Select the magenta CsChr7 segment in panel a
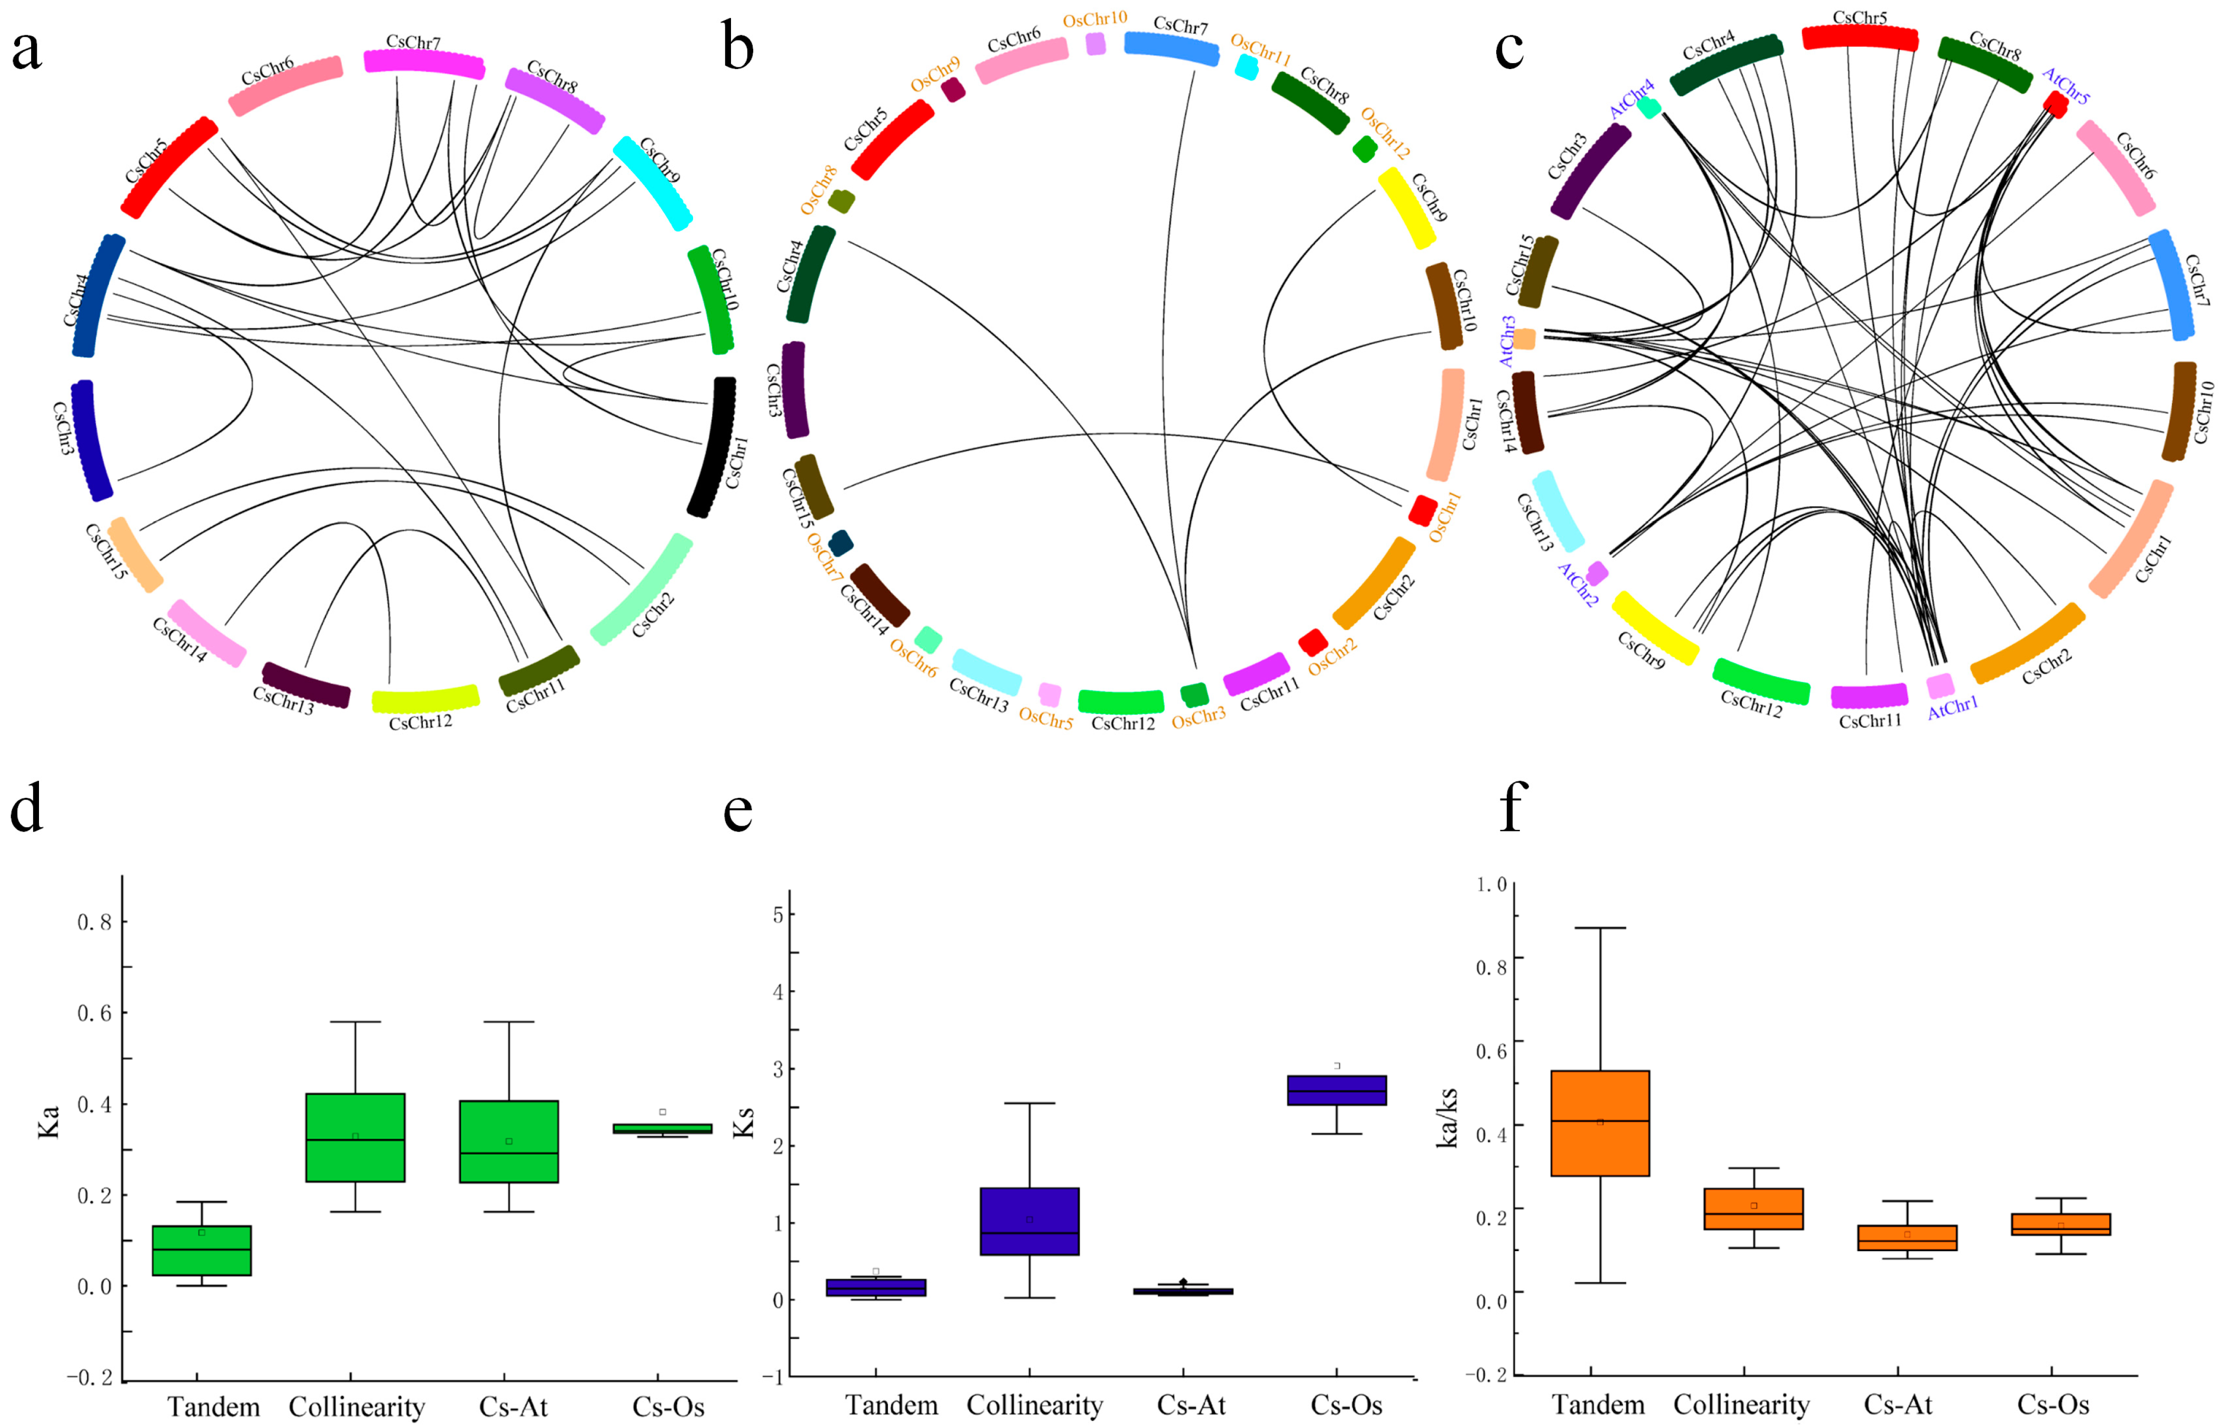tap(424, 63)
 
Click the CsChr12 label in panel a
tap(420, 723)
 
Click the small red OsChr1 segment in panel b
tap(1423, 509)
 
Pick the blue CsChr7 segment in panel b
tap(1171, 47)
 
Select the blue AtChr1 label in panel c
tap(1953, 708)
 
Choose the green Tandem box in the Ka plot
tap(202, 1250)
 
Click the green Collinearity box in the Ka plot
tap(355, 1137)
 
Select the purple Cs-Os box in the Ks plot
tap(1336, 1090)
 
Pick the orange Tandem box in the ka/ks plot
tap(1600, 1123)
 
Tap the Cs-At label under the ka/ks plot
tap(1898, 1404)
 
